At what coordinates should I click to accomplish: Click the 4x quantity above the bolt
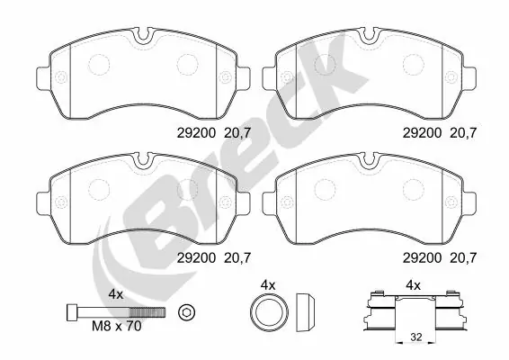click(115, 293)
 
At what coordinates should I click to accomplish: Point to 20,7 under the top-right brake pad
click(463, 130)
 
